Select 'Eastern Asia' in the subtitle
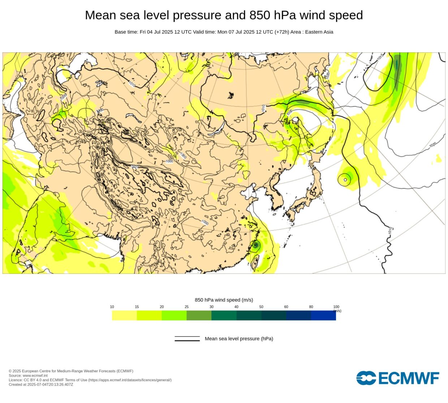(x=319, y=32)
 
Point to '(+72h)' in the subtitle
(x=282, y=32)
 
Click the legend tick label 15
(x=137, y=307)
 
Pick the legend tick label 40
(x=236, y=307)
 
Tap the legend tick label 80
(x=311, y=307)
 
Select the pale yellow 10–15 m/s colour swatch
(x=124, y=315)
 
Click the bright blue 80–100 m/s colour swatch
(x=323, y=315)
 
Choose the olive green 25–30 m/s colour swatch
(x=199, y=315)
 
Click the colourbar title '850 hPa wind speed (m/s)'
(x=224, y=300)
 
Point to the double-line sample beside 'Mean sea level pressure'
(x=187, y=339)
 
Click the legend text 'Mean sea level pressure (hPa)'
(x=239, y=339)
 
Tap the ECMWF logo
(x=398, y=378)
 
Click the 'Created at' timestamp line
(x=41, y=384)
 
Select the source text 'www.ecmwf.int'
(x=35, y=376)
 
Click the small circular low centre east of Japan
(x=345, y=179)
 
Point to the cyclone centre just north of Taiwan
(x=255, y=245)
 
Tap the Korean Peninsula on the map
(x=276, y=197)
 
